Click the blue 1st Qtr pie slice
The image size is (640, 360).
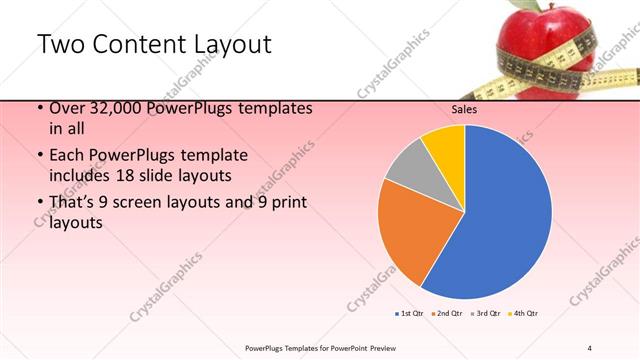505,215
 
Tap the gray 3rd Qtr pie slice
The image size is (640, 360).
409,171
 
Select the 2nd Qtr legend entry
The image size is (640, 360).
446,314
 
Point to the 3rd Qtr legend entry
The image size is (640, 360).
485,314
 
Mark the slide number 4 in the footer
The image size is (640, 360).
590,347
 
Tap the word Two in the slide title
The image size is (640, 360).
59,45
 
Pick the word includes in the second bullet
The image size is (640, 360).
79,175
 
